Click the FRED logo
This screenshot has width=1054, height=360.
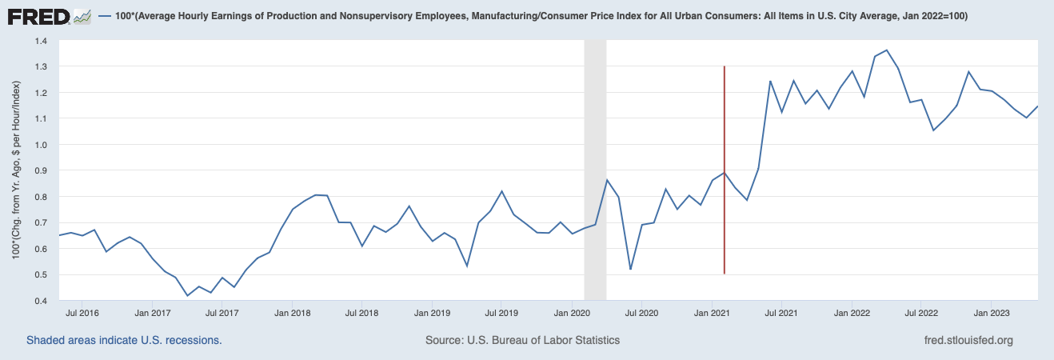(x=39, y=15)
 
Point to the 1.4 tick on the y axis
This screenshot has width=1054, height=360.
(x=40, y=41)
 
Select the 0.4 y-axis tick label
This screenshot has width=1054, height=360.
(x=40, y=301)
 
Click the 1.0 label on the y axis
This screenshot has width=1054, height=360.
(x=40, y=145)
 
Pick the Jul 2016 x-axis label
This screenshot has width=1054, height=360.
(x=82, y=313)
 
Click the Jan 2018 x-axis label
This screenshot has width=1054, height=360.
(x=293, y=313)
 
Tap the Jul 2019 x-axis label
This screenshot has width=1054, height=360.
(x=500, y=313)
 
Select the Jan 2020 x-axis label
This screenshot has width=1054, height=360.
(x=571, y=313)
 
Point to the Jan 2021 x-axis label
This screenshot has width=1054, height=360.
(x=710, y=313)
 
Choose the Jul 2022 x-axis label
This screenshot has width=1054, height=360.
(x=920, y=313)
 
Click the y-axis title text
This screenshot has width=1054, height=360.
(x=16, y=170)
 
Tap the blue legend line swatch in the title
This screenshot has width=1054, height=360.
(x=103, y=16)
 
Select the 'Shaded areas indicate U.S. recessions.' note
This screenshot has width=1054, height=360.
(x=124, y=340)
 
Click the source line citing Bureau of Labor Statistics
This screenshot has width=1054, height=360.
(x=523, y=340)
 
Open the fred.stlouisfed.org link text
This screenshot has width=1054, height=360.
(x=968, y=340)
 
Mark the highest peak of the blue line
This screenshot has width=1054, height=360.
(x=886, y=50)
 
